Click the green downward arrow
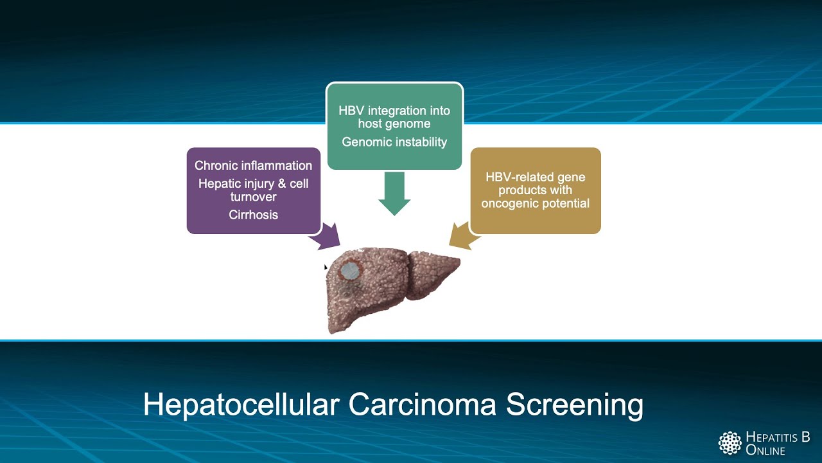coord(394,193)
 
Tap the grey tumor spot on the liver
coord(350,271)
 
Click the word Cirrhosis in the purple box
coord(253,215)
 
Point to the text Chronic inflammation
coord(253,165)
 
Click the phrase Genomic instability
coord(394,142)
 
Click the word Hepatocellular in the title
coord(241,405)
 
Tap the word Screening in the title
coord(574,405)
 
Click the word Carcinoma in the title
coord(424,405)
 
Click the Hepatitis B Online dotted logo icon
coord(730,443)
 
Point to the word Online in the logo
coord(765,450)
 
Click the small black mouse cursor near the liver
coord(326,268)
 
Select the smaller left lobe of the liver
coord(433,270)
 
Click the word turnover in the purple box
coord(253,197)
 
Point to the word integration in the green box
coord(398,111)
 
